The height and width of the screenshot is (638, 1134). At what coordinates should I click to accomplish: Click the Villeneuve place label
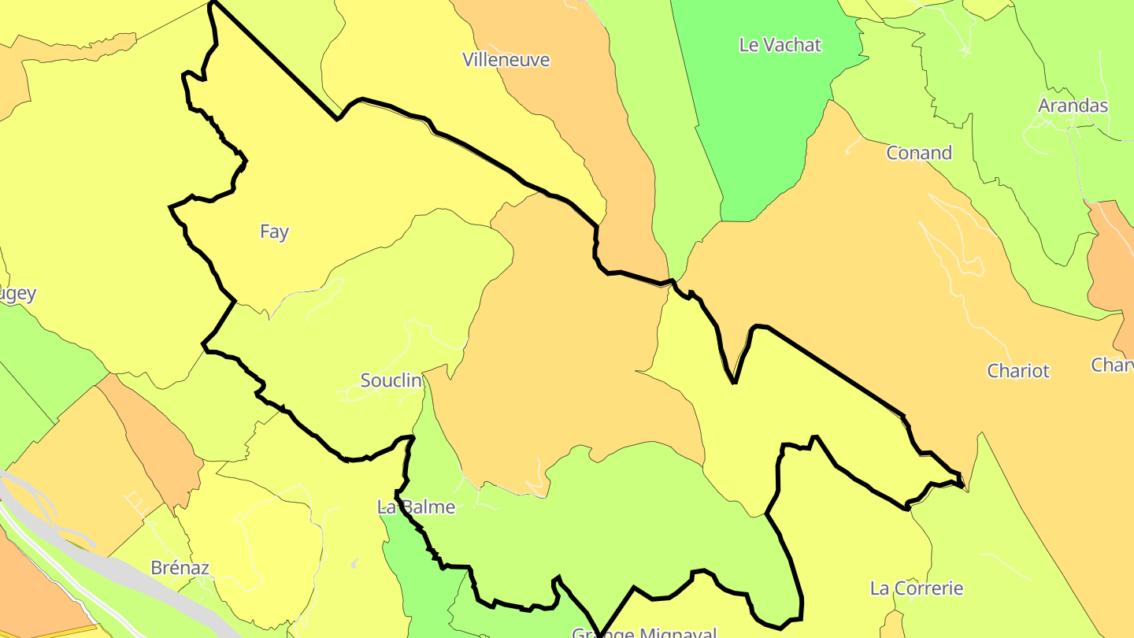click(506, 60)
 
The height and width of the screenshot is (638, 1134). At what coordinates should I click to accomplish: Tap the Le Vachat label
click(780, 45)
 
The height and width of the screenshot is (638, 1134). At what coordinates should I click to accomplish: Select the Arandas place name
click(1073, 106)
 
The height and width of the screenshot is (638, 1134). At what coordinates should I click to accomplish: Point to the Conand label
click(919, 153)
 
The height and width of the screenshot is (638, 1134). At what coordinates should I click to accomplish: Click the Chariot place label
click(1018, 371)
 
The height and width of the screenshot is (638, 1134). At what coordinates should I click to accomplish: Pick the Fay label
click(274, 232)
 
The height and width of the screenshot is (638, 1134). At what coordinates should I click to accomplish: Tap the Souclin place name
click(391, 380)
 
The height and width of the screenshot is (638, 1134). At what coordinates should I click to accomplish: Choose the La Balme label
click(417, 506)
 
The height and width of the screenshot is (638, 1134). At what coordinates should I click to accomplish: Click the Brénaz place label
click(180, 568)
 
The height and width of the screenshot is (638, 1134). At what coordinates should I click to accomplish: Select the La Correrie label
click(917, 588)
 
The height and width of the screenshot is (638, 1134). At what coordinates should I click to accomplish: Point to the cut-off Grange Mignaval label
click(644, 632)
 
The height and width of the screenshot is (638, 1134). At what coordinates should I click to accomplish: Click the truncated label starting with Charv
click(1112, 365)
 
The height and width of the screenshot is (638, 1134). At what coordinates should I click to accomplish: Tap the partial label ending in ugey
click(17, 295)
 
